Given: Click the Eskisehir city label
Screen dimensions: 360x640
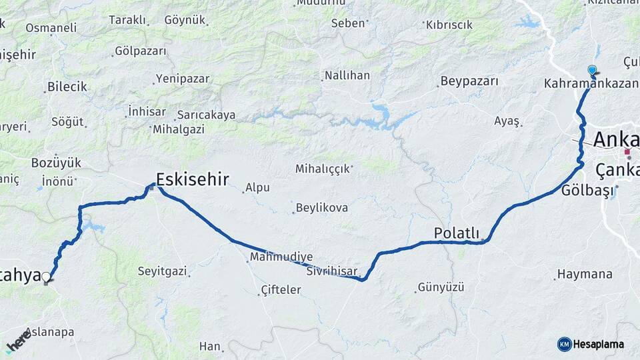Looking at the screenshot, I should coord(193,179).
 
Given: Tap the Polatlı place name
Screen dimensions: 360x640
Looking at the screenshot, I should coord(457,233).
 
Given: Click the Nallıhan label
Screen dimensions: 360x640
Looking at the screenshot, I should coord(347,75).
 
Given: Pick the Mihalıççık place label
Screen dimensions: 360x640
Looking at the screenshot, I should coord(323,169).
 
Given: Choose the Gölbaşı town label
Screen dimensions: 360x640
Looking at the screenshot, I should coord(587,190).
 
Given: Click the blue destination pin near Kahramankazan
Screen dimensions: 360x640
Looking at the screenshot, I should coord(592,70).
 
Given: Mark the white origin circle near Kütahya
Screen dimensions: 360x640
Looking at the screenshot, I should coord(46,277).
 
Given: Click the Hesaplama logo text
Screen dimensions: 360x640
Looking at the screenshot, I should coord(598,344).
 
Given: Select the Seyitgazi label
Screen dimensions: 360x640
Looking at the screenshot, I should coord(163,271).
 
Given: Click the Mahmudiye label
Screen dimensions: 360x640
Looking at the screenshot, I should coord(281,257).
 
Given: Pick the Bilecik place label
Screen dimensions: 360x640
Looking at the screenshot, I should coord(67,87).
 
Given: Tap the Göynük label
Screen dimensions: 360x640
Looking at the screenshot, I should coord(185,20).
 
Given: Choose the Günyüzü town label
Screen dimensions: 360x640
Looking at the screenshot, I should coord(439,288).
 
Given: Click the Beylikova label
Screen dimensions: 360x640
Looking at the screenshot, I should coord(323,208).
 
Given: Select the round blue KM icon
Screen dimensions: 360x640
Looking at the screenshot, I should coord(564,344).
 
